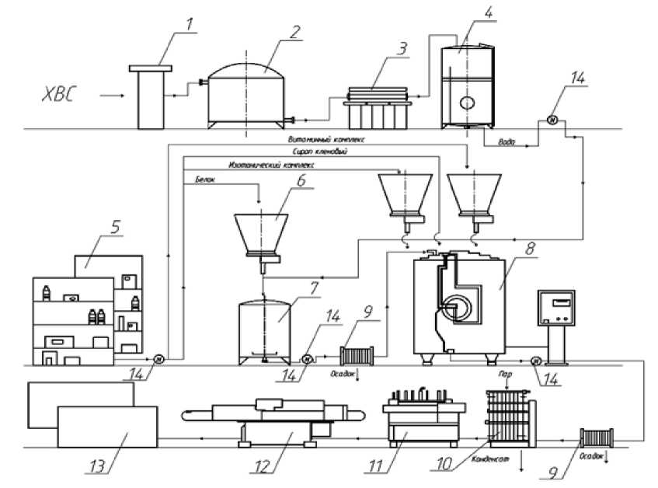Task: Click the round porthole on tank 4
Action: point(468,102)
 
